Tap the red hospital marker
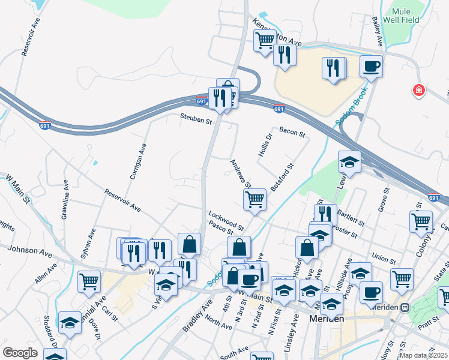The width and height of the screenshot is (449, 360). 418,91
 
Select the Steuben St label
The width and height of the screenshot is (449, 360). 197,121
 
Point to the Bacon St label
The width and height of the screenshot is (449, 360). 292,131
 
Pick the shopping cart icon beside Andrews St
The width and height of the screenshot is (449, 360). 255,200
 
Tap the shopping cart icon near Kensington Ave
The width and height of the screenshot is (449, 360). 264,41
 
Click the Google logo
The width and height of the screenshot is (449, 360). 20,353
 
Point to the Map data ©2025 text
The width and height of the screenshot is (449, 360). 423,355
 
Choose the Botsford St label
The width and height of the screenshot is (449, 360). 282,178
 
